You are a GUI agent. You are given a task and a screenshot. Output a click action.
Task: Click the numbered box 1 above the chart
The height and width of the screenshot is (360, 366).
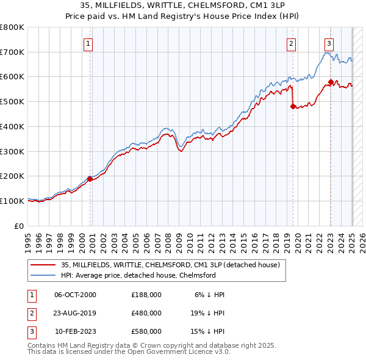[x=89, y=43]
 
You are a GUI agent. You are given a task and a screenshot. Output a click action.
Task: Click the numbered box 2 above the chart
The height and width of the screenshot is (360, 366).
[x=292, y=43]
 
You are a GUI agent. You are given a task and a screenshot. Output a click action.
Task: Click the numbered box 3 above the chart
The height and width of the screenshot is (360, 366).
[x=329, y=43]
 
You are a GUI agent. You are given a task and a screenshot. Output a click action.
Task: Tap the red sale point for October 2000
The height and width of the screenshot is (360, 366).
[x=90, y=179]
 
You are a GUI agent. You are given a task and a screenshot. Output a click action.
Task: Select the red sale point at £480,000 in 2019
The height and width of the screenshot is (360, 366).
[x=293, y=106]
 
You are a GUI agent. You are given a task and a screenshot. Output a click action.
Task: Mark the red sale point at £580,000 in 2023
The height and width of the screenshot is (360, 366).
[x=331, y=82]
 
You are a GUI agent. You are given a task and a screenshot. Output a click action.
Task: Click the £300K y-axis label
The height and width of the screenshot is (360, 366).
[x=12, y=151]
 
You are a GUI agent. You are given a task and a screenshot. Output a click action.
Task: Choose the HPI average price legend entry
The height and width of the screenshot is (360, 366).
[x=138, y=275]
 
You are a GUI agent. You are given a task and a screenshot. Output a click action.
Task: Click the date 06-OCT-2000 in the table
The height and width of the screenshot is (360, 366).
[x=76, y=294]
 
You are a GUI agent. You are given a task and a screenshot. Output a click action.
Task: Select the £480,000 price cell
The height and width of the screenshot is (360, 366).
[x=146, y=313]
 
